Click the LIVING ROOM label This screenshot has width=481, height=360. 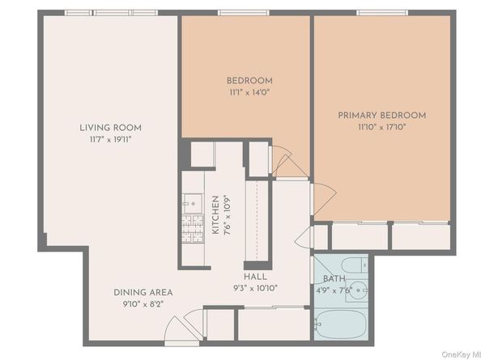coord(110,128)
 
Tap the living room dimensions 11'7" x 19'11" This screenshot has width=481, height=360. coord(110,139)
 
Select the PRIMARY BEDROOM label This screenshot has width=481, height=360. coord(381,116)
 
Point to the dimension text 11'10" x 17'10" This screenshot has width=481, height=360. coord(381,127)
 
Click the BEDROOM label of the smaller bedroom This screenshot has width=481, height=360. coord(249,81)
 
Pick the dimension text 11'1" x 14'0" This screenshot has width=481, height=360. coord(249,92)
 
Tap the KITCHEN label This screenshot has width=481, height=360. coord(215,215)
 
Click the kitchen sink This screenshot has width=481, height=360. coord(192,201)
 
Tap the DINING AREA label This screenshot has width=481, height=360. coord(143,292)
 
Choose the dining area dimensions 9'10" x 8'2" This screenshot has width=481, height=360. coord(143,303)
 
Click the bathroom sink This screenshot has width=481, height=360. coord(359,289)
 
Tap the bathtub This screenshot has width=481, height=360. coord(341,324)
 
